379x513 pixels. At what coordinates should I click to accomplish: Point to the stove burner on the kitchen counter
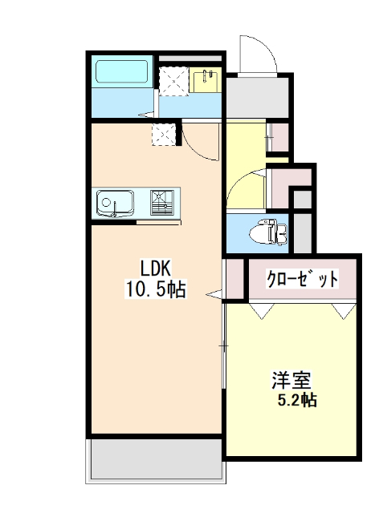point(162,201)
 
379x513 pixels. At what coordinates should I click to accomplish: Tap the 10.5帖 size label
point(155,289)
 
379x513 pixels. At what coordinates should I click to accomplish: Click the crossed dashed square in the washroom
point(173,81)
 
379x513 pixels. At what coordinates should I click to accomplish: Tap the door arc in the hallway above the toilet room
point(246,187)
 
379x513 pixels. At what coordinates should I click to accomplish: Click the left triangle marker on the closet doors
point(260,310)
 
